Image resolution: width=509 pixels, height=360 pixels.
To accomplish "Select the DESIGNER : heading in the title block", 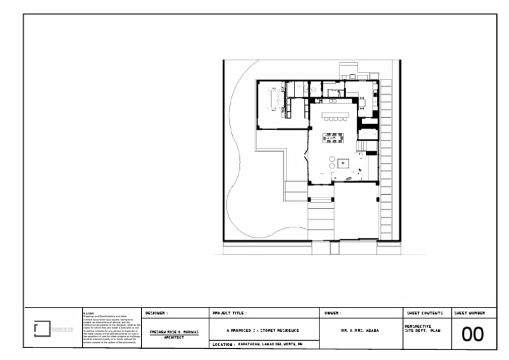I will tap(157, 312).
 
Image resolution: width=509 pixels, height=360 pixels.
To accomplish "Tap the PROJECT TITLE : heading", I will tap(229, 312).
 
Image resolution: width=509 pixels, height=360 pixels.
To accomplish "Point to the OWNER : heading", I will tap(333, 312).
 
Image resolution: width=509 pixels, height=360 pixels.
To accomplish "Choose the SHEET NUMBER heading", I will tap(469, 312).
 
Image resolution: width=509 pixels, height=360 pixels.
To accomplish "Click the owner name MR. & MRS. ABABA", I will tap(360, 330).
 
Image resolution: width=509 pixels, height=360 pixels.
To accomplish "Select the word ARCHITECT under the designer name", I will tap(173, 337).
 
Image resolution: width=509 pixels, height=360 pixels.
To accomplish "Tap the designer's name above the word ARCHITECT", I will tap(173, 331).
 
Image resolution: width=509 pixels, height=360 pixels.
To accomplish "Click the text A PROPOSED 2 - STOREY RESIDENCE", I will tap(263, 330).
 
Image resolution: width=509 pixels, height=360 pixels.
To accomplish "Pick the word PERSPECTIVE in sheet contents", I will tap(418, 326).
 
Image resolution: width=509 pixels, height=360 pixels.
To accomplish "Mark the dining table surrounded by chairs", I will tap(333, 138).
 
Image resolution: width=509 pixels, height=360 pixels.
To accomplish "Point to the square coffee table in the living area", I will tap(343, 163).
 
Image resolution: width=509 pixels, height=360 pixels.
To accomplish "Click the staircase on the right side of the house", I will tap(366, 145).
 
